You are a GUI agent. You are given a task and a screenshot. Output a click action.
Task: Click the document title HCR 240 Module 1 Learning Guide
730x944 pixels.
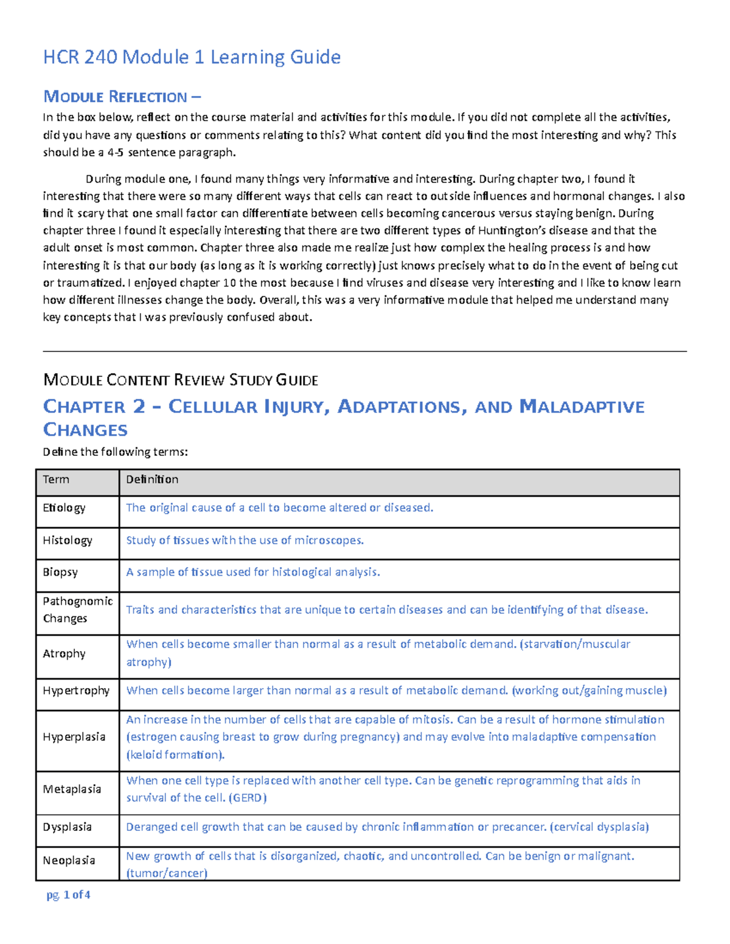click(x=192, y=57)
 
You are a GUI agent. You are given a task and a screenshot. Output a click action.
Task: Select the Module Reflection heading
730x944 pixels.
click(x=122, y=97)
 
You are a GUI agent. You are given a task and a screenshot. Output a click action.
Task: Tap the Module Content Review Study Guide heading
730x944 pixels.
click(x=181, y=381)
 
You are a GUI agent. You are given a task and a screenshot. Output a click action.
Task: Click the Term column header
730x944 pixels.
click(x=56, y=480)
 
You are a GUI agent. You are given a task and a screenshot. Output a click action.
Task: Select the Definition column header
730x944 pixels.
click(x=152, y=480)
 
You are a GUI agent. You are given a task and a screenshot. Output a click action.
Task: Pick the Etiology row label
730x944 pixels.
click(x=64, y=508)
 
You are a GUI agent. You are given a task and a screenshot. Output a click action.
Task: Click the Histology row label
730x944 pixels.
click(x=68, y=540)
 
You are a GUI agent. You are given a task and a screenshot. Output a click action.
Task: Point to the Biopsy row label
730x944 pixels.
click(x=60, y=573)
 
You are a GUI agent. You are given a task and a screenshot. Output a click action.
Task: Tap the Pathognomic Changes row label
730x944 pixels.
click(x=77, y=610)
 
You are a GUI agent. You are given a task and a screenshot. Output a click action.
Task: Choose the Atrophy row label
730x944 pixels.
click(x=64, y=653)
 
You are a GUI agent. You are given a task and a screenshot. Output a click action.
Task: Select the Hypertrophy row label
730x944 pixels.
click(x=76, y=691)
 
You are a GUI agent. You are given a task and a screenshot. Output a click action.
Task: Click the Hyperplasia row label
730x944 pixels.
click(x=74, y=737)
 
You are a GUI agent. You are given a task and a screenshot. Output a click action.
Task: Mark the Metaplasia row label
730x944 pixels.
click(x=72, y=789)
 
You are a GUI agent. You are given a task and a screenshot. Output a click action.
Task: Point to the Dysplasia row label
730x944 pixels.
click(x=67, y=827)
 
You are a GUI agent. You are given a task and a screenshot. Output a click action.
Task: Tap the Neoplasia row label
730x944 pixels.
click(x=69, y=861)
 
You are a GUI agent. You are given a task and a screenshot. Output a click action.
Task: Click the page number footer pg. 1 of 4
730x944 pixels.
click(x=68, y=895)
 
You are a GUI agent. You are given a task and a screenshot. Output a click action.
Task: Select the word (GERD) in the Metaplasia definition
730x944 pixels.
click(x=248, y=798)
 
